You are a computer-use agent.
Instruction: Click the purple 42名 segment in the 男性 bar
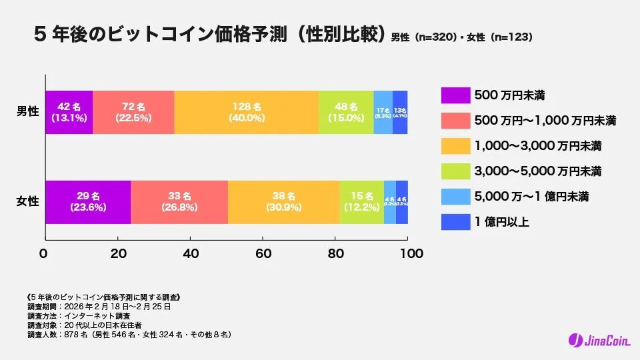(x=69, y=112)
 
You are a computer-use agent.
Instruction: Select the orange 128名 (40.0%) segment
(x=246, y=112)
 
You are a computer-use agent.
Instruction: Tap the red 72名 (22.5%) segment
(x=133, y=112)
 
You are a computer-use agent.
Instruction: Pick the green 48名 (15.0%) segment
(x=345, y=112)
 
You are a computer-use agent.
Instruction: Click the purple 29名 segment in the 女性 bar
(x=88, y=202)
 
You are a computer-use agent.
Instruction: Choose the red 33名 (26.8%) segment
(x=179, y=202)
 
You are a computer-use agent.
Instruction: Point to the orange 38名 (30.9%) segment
(x=283, y=202)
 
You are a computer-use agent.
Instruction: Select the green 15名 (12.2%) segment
(x=361, y=202)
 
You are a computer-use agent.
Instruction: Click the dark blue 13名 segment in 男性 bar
(x=400, y=112)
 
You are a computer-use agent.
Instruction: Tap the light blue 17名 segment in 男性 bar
(x=383, y=112)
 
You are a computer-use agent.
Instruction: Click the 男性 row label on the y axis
(x=27, y=111)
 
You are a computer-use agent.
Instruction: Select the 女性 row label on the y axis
(x=27, y=201)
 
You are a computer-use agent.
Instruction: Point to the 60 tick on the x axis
(x=263, y=254)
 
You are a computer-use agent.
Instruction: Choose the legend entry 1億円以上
(x=501, y=222)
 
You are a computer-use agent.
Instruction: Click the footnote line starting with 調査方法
(x=79, y=315)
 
